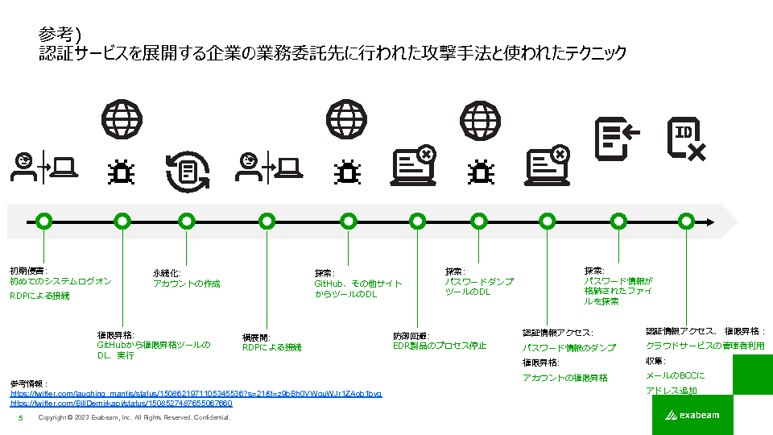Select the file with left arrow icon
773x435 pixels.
pos(616,137)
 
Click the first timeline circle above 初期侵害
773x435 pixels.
pos(44,221)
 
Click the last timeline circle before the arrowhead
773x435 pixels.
pos(686,221)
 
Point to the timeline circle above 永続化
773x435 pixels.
pos(187,221)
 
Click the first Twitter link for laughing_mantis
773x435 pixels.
pos(196,393)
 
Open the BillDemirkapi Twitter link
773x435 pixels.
pos(121,403)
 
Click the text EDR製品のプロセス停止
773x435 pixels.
pos(440,346)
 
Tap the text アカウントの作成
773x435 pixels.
pos(186,284)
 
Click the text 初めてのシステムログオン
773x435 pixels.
pos(60,281)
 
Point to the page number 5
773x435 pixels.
pos(20,418)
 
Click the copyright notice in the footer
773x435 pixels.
pos(134,418)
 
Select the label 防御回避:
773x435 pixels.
pos(411,335)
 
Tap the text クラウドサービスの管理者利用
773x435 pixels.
pos(705,346)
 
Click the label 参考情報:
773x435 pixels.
pos(29,383)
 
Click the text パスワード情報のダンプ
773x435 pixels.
pos(568,347)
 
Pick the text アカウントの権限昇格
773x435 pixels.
pos(564,377)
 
